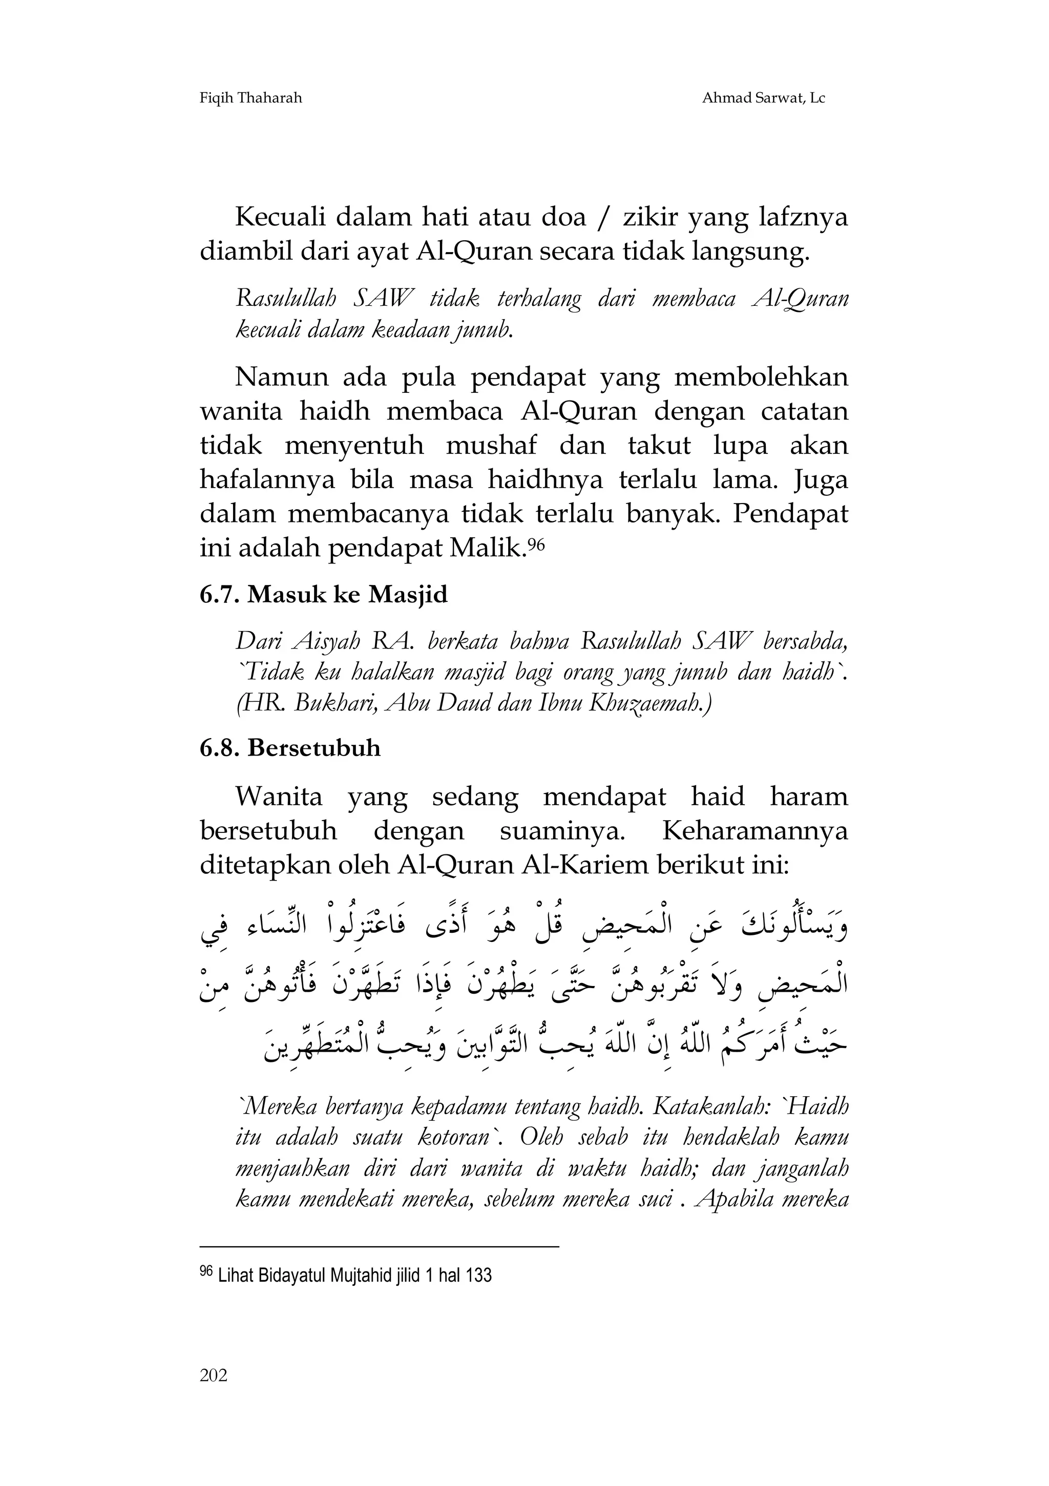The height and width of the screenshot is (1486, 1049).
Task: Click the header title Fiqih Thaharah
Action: point(251,98)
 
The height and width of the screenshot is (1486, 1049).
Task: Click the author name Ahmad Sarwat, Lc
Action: point(764,98)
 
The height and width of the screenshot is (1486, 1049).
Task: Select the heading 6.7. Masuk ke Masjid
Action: point(324,594)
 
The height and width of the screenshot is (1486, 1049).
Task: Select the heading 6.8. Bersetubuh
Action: point(290,748)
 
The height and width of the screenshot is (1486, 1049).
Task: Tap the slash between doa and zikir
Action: point(604,218)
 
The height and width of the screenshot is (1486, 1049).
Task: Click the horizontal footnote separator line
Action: point(379,1246)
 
